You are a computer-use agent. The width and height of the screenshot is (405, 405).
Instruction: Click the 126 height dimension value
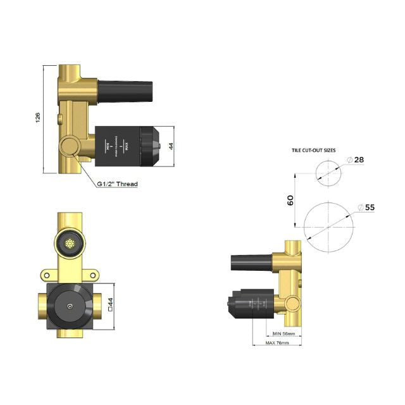click(x=37, y=118)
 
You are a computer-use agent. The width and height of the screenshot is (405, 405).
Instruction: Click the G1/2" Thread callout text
click(x=117, y=184)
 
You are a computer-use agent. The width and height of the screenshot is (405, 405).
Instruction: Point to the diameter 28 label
click(x=358, y=160)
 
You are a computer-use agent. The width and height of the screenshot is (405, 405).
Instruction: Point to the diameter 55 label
click(x=368, y=207)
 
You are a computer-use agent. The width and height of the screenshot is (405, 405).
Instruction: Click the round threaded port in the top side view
click(x=70, y=147)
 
